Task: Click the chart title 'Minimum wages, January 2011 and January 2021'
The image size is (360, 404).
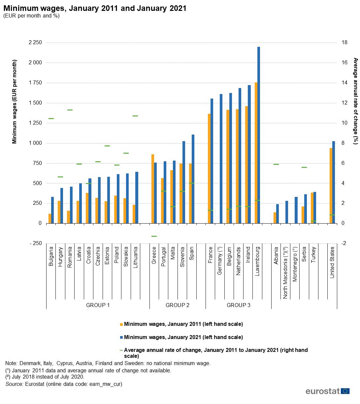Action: coord(95,8)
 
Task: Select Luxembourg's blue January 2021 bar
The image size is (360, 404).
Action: coord(259,135)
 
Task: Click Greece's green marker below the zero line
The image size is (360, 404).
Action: coord(154,236)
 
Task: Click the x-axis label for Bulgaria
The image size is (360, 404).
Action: coord(51,257)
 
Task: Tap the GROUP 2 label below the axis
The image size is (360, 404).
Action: coord(178,305)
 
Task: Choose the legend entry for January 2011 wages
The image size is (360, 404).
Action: coord(183,324)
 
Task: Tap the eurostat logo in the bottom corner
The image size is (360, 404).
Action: coord(327,391)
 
